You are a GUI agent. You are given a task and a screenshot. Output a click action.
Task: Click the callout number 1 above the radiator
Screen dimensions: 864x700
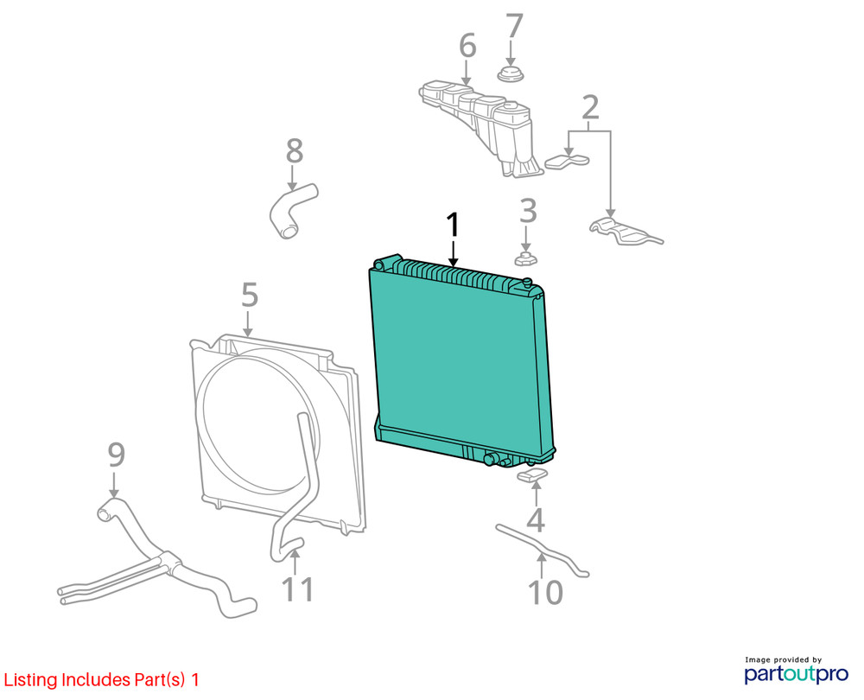453,226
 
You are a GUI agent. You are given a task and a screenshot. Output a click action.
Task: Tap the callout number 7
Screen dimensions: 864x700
513,26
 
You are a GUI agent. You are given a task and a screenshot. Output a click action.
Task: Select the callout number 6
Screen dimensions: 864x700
467,45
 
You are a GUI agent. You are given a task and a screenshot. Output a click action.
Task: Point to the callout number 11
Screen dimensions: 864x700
297,589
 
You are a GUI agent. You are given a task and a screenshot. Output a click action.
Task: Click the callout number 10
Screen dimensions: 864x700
545,593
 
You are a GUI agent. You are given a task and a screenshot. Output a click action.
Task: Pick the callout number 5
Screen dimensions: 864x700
250,295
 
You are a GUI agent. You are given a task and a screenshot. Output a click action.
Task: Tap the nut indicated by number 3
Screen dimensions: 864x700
526,258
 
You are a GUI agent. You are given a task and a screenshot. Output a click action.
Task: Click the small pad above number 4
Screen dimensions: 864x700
533,475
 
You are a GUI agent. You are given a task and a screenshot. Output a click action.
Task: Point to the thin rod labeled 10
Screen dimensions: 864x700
542,549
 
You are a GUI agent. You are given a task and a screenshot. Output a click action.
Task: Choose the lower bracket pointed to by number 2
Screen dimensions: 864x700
626,232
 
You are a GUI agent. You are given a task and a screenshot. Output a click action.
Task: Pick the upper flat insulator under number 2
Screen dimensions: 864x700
567,161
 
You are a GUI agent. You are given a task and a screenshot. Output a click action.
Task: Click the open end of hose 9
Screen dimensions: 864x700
105,515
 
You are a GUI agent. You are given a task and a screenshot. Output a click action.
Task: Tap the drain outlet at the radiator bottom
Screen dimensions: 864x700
490,459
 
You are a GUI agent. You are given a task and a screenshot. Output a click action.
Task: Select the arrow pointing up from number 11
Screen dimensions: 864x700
295,562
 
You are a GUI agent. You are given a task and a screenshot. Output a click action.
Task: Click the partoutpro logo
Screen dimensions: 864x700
796,671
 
